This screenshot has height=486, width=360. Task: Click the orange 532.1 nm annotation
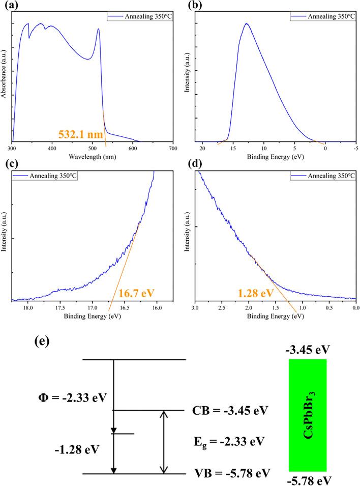(x=82, y=135)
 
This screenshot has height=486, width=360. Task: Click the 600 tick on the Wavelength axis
(x=133, y=148)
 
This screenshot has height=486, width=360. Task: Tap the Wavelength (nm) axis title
(x=93, y=156)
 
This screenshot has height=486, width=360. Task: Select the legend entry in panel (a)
(x=139, y=17)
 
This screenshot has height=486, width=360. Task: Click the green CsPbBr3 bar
(x=307, y=415)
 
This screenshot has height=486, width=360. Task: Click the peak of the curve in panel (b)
(x=246, y=23)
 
